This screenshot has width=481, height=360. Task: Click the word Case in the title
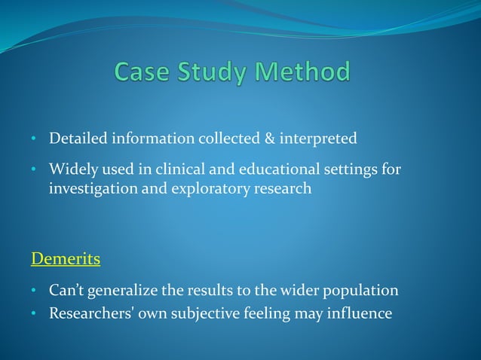click(x=144, y=72)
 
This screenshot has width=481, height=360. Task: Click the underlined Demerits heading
click(x=66, y=259)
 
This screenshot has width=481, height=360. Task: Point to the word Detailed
click(x=78, y=139)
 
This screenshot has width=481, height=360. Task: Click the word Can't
click(x=66, y=290)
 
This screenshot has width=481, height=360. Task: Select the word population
click(x=361, y=291)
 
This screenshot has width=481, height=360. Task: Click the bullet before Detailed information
click(x=34, y=140)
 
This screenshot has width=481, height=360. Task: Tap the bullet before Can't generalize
click(x=34, y=291)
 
